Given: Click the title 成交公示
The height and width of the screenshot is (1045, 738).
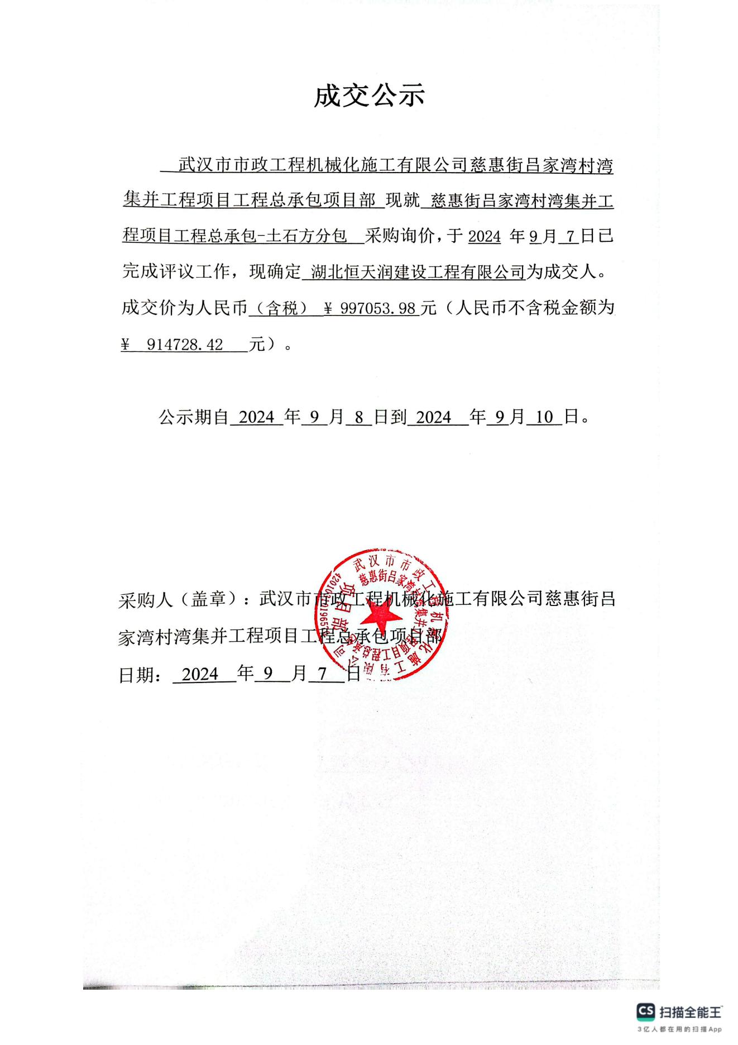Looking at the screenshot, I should (369, 96).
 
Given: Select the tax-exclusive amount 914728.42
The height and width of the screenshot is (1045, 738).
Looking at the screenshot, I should (185, 345).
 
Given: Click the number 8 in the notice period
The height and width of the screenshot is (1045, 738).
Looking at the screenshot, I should (358, 417).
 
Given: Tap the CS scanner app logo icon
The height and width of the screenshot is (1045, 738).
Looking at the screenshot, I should (645, 1011).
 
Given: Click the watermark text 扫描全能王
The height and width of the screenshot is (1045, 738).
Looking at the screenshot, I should (691, 1011).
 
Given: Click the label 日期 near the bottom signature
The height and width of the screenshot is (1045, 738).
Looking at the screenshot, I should (136, 675).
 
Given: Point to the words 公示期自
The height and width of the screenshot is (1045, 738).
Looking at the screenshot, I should (194, 417).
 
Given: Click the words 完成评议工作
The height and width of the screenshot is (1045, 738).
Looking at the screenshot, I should (176, 273).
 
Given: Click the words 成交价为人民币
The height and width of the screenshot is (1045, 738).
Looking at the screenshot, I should (184, 308).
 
